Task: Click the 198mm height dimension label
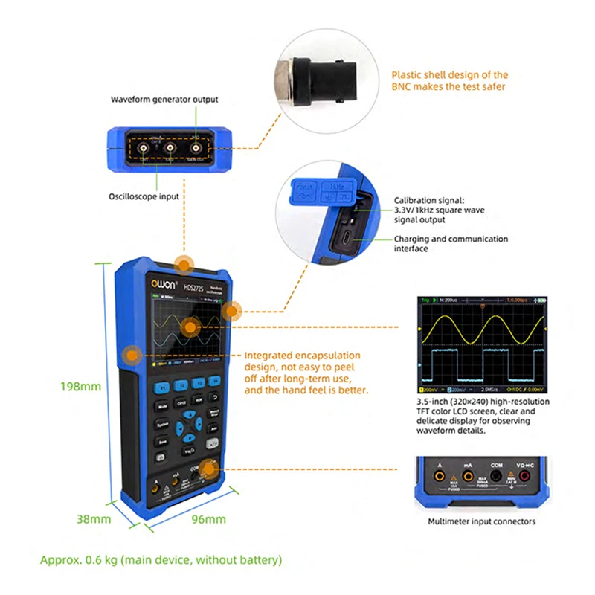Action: coord(80,386)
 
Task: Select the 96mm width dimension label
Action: coord(209,518)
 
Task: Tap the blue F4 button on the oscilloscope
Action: coord(216,382)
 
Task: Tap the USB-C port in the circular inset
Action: coord(347,240)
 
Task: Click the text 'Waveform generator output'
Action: coord(164,99)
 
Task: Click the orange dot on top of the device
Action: coord(184,263)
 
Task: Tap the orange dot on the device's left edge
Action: coord(132,356)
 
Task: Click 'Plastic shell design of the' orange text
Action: coord(450,74)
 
